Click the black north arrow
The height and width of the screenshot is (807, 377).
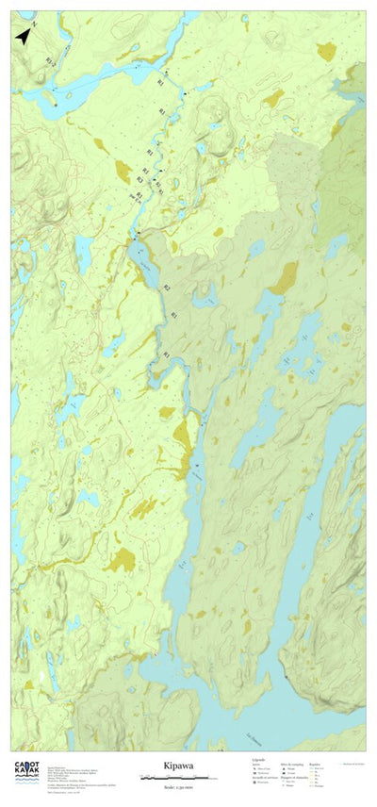tap(23, 37)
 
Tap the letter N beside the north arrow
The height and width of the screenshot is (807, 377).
tap(34, 23)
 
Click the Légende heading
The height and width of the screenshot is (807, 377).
tap(258, 759)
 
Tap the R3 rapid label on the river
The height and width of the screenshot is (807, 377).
tap(139, 179)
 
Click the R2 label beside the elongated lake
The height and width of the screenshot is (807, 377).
tap(167, 288)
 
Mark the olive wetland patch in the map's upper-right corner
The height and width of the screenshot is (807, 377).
tap(326, 52)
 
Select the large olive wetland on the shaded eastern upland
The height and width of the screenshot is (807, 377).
tap(283, 278)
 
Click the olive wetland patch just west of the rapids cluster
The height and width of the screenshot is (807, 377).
tap(123, 172)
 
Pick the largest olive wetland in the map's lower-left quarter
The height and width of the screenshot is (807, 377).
tap(120, 562)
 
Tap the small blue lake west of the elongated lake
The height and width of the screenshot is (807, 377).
tap(83, 251)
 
